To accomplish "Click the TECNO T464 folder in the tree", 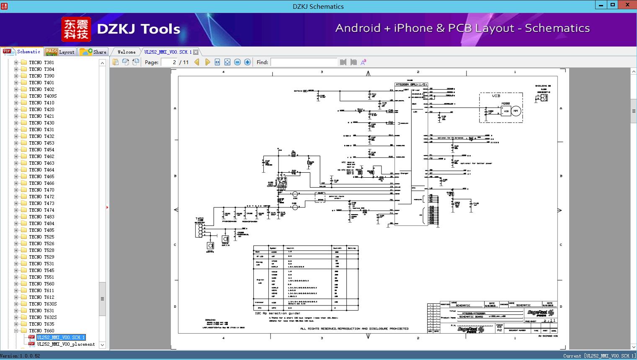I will click(41, 170).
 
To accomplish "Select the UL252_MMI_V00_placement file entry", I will click(66, 344).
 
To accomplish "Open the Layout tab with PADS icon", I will click(60, 52).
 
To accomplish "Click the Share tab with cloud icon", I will click(93, 52).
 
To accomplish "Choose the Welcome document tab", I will click(126, 52).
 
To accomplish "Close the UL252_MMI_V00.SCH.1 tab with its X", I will click(196, 52).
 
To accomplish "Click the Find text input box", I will click(304, 62).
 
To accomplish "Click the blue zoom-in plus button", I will click(248, 62).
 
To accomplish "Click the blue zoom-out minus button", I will click(237, 62).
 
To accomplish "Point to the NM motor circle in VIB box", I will click(516, 111).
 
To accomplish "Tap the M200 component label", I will click(505, 104).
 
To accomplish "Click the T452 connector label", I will click(200, 218).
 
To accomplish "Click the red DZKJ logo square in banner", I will click(76, 29).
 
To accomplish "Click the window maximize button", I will click(613, 5).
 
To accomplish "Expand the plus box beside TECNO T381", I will click(16, 62).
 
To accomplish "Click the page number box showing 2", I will click(169, 62).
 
